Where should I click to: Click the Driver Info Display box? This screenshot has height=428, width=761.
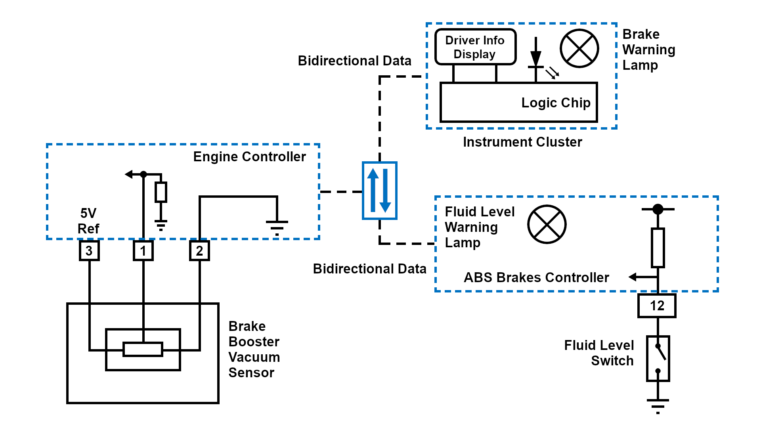[x=475, y=47]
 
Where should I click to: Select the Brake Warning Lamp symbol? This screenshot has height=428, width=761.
[x=579, y=48]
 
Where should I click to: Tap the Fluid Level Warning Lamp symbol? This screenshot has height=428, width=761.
[x=547, y=224]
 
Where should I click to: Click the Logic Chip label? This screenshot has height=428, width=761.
[x=556, y=103]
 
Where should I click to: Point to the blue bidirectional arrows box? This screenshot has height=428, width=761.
[x=379, y=191]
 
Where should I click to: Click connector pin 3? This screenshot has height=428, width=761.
[x=89, y=250]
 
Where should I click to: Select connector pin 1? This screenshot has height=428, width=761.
[x=143, y=250]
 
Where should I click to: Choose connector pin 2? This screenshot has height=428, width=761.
[x=199, y=250]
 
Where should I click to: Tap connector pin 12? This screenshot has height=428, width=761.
[x=657, y=306]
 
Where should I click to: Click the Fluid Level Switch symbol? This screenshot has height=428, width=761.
[x=658, y=359]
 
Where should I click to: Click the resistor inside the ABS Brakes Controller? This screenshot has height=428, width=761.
[x=658, y=248]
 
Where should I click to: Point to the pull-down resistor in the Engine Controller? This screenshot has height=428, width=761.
[x=161, y=192]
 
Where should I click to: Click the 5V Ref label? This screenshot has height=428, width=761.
[x=88, y=221]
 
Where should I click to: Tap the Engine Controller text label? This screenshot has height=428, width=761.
[x=249, y=157]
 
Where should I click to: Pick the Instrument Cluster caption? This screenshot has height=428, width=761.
[x=522, y=142]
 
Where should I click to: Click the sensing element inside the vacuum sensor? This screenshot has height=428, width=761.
[x=143, y=350]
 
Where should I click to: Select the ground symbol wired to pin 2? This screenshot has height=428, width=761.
[x=277, y=227]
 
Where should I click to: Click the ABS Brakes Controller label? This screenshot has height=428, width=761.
[x=536, y=277]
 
